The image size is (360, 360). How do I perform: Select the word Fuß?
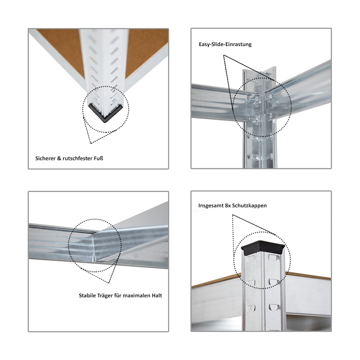(x=98, y=158)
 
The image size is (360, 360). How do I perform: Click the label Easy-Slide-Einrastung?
(x=225, y=44)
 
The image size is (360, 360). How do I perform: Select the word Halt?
(x=157, y=296)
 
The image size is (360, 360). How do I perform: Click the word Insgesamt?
(x=211, y=206)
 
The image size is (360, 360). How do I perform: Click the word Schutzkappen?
(x=249, y=206)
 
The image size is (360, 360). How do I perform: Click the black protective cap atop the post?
(x=263, y=248)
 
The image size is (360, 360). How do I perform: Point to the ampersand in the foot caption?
(x=58, y=158)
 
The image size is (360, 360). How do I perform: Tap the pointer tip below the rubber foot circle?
(x=91, y=144)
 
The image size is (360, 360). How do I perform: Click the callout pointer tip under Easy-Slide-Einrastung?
(x=224, y=55)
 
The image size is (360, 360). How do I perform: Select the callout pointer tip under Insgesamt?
(x=232, y=215)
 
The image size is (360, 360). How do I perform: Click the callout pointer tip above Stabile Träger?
(x=108, y=283)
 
